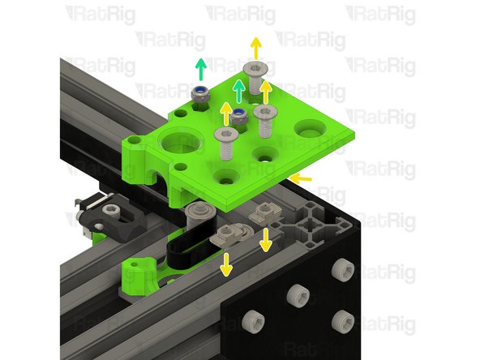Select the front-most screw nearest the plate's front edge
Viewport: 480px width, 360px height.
225,142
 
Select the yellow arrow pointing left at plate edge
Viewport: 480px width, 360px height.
301,176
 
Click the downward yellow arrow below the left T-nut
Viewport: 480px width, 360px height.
226,262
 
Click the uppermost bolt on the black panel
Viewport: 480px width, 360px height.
343,267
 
